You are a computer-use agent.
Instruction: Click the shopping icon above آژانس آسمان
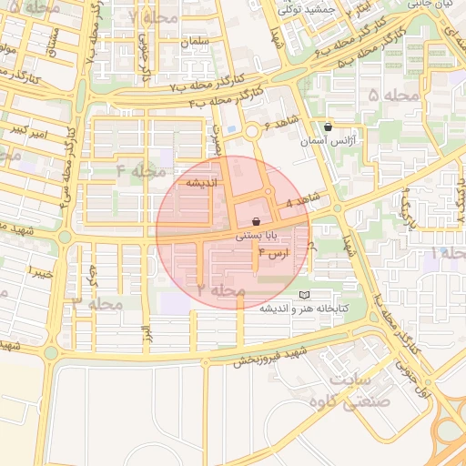(328, 127)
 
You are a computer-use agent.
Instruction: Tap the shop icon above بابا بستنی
(256, 221)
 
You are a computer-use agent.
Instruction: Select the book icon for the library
(304, 295)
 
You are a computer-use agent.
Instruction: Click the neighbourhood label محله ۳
(97, 303)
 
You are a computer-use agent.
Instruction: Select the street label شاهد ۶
(280, 125)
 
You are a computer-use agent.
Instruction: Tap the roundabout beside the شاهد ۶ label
(251, 131)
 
